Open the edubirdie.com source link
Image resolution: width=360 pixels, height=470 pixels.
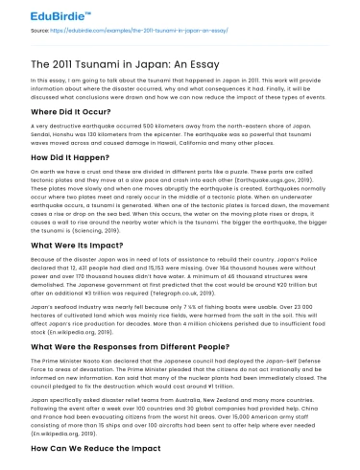(x=125, y=32)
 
